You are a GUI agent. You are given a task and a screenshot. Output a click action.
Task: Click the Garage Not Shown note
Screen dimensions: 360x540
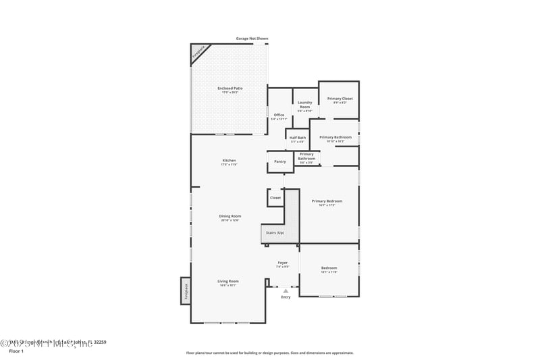pos(252,38)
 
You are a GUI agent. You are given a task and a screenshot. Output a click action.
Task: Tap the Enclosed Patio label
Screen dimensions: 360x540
pos(230,89)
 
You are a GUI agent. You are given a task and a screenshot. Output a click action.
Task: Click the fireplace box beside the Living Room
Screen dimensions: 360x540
pos(185,290)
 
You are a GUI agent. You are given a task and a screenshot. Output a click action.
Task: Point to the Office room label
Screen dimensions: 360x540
pos(279,115)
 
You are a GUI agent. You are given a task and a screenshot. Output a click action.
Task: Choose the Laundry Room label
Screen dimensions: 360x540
pos(304,105)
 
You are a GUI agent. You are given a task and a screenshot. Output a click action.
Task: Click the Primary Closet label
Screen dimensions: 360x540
pos(340,99)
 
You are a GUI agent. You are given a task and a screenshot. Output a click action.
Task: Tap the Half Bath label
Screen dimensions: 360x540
pos(298,138)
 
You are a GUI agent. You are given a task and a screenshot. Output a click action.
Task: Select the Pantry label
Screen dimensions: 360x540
pos(280,161)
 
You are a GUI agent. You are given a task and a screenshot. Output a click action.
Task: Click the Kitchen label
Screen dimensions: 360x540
pos(230,161)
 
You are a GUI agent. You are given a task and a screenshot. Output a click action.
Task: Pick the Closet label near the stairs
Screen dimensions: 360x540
pos(275,198)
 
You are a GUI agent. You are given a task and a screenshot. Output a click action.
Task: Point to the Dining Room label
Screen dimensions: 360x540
pos(230,217)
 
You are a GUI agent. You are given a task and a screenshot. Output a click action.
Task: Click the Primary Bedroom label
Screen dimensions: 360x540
pos(327,201)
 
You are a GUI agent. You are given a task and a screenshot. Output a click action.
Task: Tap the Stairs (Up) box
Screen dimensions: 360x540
pos(275,232)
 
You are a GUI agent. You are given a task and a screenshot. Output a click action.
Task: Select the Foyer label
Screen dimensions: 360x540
pos(283,263)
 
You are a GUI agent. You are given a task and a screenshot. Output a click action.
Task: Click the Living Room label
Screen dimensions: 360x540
pos(228,282)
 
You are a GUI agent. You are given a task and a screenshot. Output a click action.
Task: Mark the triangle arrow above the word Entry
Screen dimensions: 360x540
pos(286,291)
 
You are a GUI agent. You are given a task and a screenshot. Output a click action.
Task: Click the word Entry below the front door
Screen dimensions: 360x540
pos(286,297)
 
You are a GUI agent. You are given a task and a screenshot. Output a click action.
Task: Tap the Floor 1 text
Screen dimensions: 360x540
pos(16,351)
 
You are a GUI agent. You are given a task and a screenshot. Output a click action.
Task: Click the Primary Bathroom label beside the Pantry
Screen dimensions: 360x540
pos(306,157)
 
